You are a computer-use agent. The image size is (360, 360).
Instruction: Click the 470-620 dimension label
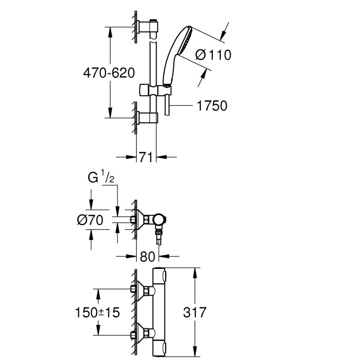[x=108, y=72]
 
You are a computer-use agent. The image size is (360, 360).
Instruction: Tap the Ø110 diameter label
[x=214, y=55]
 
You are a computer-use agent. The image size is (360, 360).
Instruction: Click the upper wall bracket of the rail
[x=148, y=28]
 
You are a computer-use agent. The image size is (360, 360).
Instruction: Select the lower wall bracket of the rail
[x=148, y=118]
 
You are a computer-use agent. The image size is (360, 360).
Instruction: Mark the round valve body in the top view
[x=158, y=220]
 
